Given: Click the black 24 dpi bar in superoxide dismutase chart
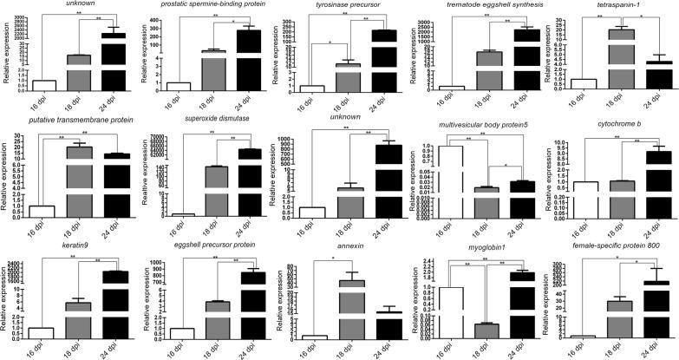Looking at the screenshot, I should coord(251,182).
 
